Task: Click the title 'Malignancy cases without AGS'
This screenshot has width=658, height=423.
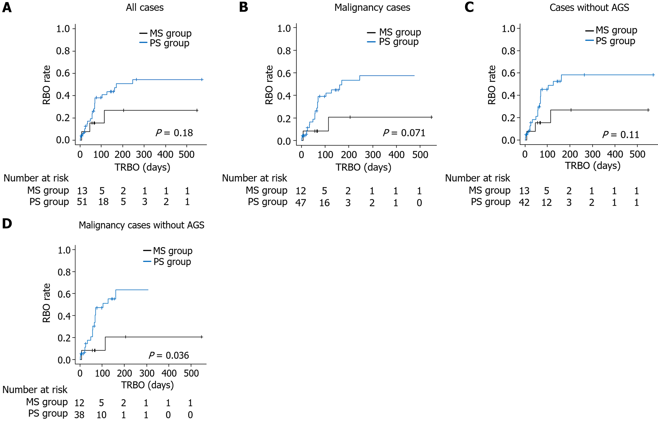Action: pyautogui.click(x=142, y=225)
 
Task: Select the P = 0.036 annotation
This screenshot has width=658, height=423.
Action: pyautogui.click(x=169, y=355)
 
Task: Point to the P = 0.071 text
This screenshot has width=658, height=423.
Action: pyautogui.click(x=404, y=133)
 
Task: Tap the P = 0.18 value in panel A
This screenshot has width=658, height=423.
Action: pyautogui.click(x=174, y=133)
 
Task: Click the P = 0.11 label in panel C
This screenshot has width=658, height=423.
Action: pyautogui.click(x=621, y=135)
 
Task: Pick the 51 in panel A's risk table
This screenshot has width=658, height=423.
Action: pyautogui.click(x=82, y=202)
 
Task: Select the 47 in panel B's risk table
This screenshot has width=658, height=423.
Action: pyautogui.click(x=301, y=203)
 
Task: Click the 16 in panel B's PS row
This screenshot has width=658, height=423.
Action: pyautogui.click(x=324, y=203)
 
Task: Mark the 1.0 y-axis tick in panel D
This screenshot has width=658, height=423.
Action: pyautogui.click(x=64, y=250)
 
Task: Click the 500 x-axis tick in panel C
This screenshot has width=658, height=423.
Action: pyautogui.click(x=637, y=154)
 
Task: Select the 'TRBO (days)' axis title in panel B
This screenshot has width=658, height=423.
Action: pyautogui.click(x=363, y=167)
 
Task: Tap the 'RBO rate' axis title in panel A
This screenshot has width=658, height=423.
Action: pyautogui.click(x=46, y=85)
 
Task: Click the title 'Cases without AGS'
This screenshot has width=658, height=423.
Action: pyautogui.click(x=589, y=8)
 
